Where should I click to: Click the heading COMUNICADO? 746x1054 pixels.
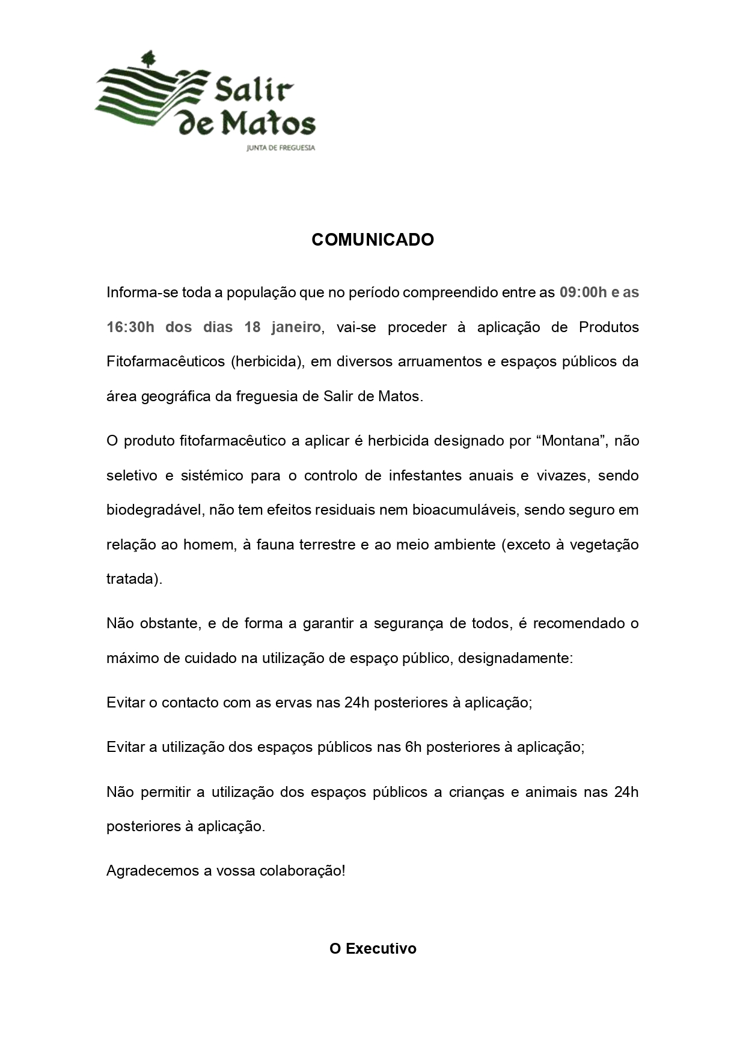(x=373, y=240)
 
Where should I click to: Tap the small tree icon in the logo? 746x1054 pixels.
(x=148, y=58)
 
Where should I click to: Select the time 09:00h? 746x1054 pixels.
(x=583, y=292)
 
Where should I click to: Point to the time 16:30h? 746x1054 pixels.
(x=130, y=327)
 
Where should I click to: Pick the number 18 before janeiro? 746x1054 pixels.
(x=252, y=327)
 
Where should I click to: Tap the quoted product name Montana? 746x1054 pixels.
(x=572, y=441)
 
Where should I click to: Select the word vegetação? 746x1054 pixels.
(x=604, y=545)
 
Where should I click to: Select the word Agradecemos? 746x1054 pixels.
(x=153, y=870)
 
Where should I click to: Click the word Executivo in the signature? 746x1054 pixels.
(x=381, y=949)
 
